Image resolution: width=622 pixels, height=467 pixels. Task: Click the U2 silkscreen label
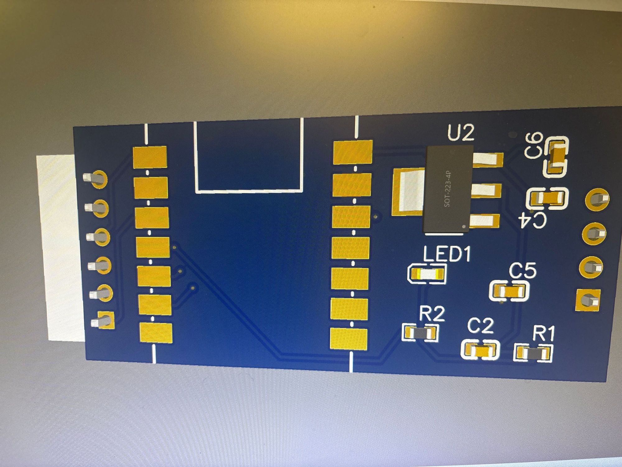tap(461, 133)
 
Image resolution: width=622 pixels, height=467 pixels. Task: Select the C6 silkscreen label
tap(534, 145)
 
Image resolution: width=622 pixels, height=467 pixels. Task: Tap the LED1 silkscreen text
tap(447, 254)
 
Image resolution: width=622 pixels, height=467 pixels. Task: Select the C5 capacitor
tap(509, 291)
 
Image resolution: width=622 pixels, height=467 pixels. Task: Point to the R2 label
tap(432, 314)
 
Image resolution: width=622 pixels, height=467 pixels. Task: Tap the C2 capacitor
tap(480, 350)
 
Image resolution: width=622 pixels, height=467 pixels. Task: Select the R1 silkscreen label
tap(543, 334)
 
